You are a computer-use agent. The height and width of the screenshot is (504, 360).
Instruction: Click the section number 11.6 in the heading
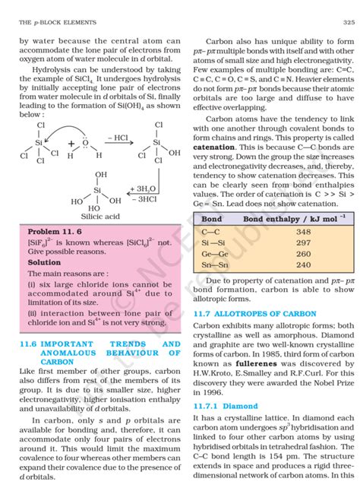(x=27, y=344)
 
